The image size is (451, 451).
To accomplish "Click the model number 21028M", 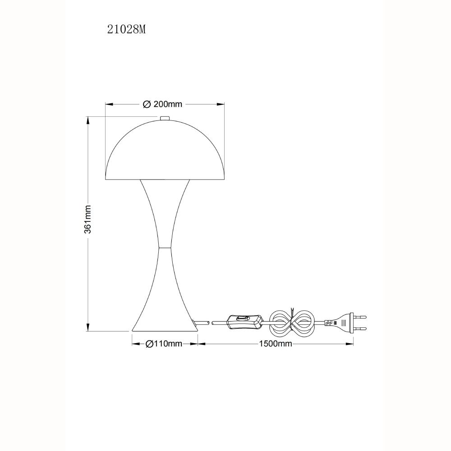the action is click(127, 29).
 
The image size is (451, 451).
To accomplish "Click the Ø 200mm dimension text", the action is click(162, 104).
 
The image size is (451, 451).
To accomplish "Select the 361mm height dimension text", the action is click(88, 219).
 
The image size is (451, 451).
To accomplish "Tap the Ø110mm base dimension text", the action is click(164, 343).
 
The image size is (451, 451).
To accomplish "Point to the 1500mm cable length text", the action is click(276, 343).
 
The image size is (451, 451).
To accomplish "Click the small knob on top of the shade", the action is click(165, 118).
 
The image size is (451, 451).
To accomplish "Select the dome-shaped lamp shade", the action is click(165, 150).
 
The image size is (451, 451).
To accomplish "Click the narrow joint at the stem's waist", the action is click(165, 247).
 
